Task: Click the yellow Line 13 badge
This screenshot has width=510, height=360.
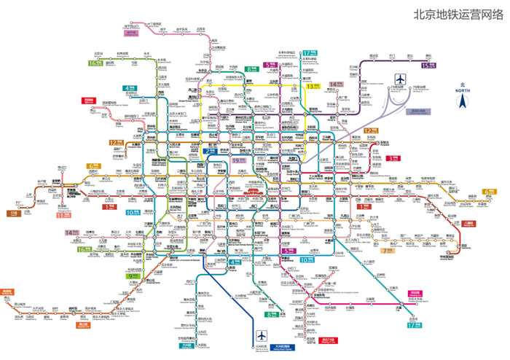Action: coord(313,86)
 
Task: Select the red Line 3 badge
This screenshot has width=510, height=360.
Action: coord(393,157)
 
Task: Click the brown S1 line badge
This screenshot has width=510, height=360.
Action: coord(12,213)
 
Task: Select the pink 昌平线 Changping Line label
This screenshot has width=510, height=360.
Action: coord(131,32)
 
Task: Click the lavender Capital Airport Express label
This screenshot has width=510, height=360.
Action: coord(419,111)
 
